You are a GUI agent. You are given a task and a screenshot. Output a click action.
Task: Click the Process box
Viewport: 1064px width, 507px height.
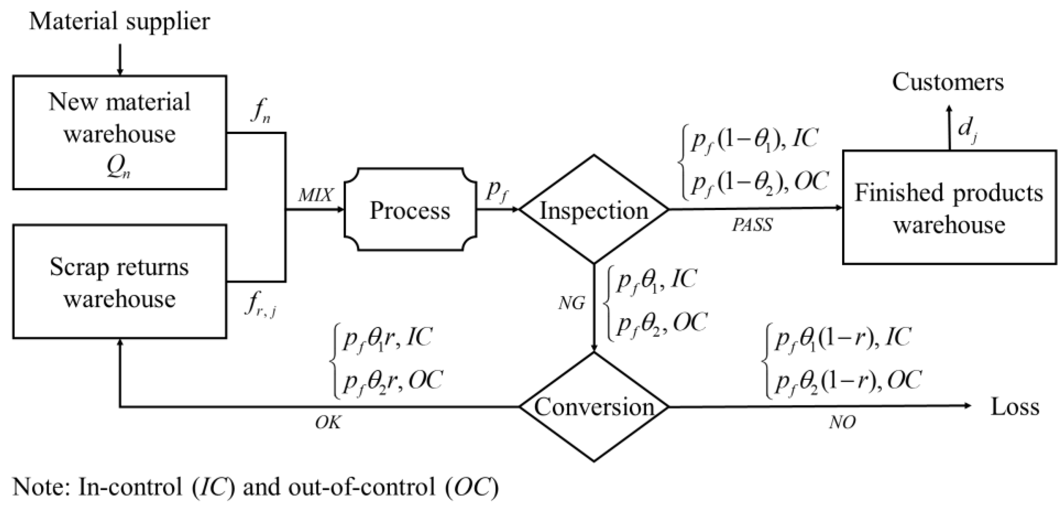(410, 210)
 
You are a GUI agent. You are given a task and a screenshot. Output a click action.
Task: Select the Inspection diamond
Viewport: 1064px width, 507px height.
(593, 210)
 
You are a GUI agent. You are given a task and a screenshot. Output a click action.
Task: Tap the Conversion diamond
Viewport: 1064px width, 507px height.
(593, 407)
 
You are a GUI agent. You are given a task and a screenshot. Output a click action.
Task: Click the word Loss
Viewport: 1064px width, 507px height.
(1015, 407)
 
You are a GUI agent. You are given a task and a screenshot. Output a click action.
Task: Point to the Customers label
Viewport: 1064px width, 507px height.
(947, 82)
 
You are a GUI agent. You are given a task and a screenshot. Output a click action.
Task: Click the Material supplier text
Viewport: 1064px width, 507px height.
(119, 22)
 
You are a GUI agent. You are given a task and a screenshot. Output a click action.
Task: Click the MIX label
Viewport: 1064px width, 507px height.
(315, 195)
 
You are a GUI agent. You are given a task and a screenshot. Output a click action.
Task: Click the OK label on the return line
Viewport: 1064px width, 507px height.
(328, 423)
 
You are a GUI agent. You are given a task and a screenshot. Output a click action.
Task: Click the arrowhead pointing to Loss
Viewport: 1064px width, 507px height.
(967, 407)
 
